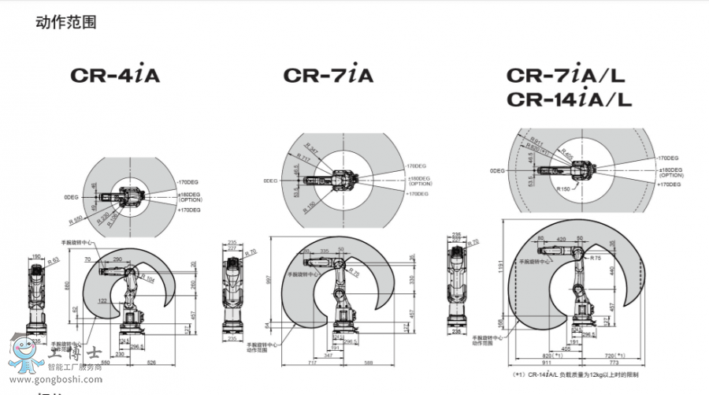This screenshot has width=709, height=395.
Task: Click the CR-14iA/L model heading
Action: pos(569,100)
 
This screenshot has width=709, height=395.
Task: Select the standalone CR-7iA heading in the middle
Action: pos(328,76)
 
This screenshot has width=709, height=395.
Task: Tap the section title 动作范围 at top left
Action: pos(66,22)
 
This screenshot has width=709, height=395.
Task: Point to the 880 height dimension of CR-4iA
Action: pos(69,285)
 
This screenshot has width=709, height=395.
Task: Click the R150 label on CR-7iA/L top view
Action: pos(562,189)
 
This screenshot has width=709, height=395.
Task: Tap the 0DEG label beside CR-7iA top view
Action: pos(270,181)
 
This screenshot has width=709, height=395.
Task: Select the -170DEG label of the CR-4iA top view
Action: pos(189,182)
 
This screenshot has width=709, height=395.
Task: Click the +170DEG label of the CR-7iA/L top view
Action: pos(670,184)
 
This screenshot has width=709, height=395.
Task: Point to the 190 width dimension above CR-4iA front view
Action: pos(36,256)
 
